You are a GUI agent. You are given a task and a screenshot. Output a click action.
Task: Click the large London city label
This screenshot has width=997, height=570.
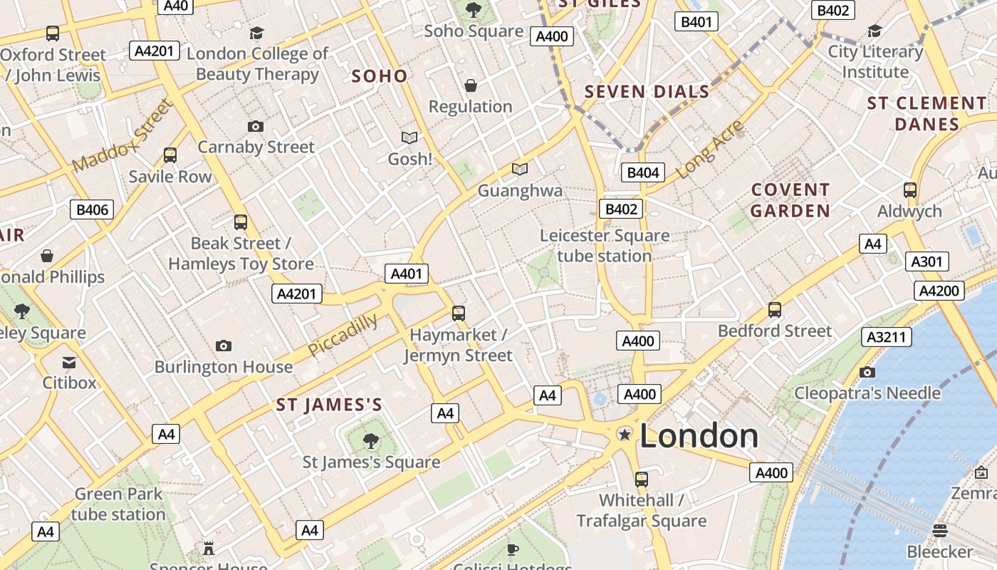coord(699,435)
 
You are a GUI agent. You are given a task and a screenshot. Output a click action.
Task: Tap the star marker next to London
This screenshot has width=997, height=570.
coord(625,434)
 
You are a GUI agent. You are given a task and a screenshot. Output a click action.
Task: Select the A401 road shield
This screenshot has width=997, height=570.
coord(407,274)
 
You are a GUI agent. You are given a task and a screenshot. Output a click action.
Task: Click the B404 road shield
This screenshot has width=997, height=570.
coord(643,172)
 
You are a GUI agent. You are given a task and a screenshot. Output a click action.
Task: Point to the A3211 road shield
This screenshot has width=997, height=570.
coord(886,337)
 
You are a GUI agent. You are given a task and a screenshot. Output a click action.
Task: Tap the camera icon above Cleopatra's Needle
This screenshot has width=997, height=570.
coord(867,372)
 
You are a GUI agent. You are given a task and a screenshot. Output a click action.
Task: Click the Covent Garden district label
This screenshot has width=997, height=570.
coord(790,200)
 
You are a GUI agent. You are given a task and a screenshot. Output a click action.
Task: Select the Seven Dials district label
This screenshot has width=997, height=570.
coord(647,91)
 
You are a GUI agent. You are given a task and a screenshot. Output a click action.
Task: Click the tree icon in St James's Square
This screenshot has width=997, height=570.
coord(370,441)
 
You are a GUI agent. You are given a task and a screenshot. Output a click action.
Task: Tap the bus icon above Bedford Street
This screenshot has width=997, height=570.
coord(775,310)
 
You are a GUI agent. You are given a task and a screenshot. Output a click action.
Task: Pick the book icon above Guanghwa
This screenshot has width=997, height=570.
coord(520,170)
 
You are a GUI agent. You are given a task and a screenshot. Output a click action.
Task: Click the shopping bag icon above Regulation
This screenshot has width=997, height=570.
coord(470,85)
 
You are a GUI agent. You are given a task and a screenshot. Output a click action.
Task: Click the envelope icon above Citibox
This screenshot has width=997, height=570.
coord(69,362)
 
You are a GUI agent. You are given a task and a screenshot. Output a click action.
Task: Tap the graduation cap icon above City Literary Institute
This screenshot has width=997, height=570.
coord(875,31)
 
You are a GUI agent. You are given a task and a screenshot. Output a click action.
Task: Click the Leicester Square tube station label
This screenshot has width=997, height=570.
coord(604,246)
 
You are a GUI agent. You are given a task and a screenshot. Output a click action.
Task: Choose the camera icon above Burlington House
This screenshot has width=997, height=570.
coord(224,346)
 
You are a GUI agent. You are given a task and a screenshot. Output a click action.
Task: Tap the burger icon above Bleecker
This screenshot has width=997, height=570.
coord(940,531)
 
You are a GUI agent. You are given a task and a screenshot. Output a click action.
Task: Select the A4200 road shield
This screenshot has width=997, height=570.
coord(939,291)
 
